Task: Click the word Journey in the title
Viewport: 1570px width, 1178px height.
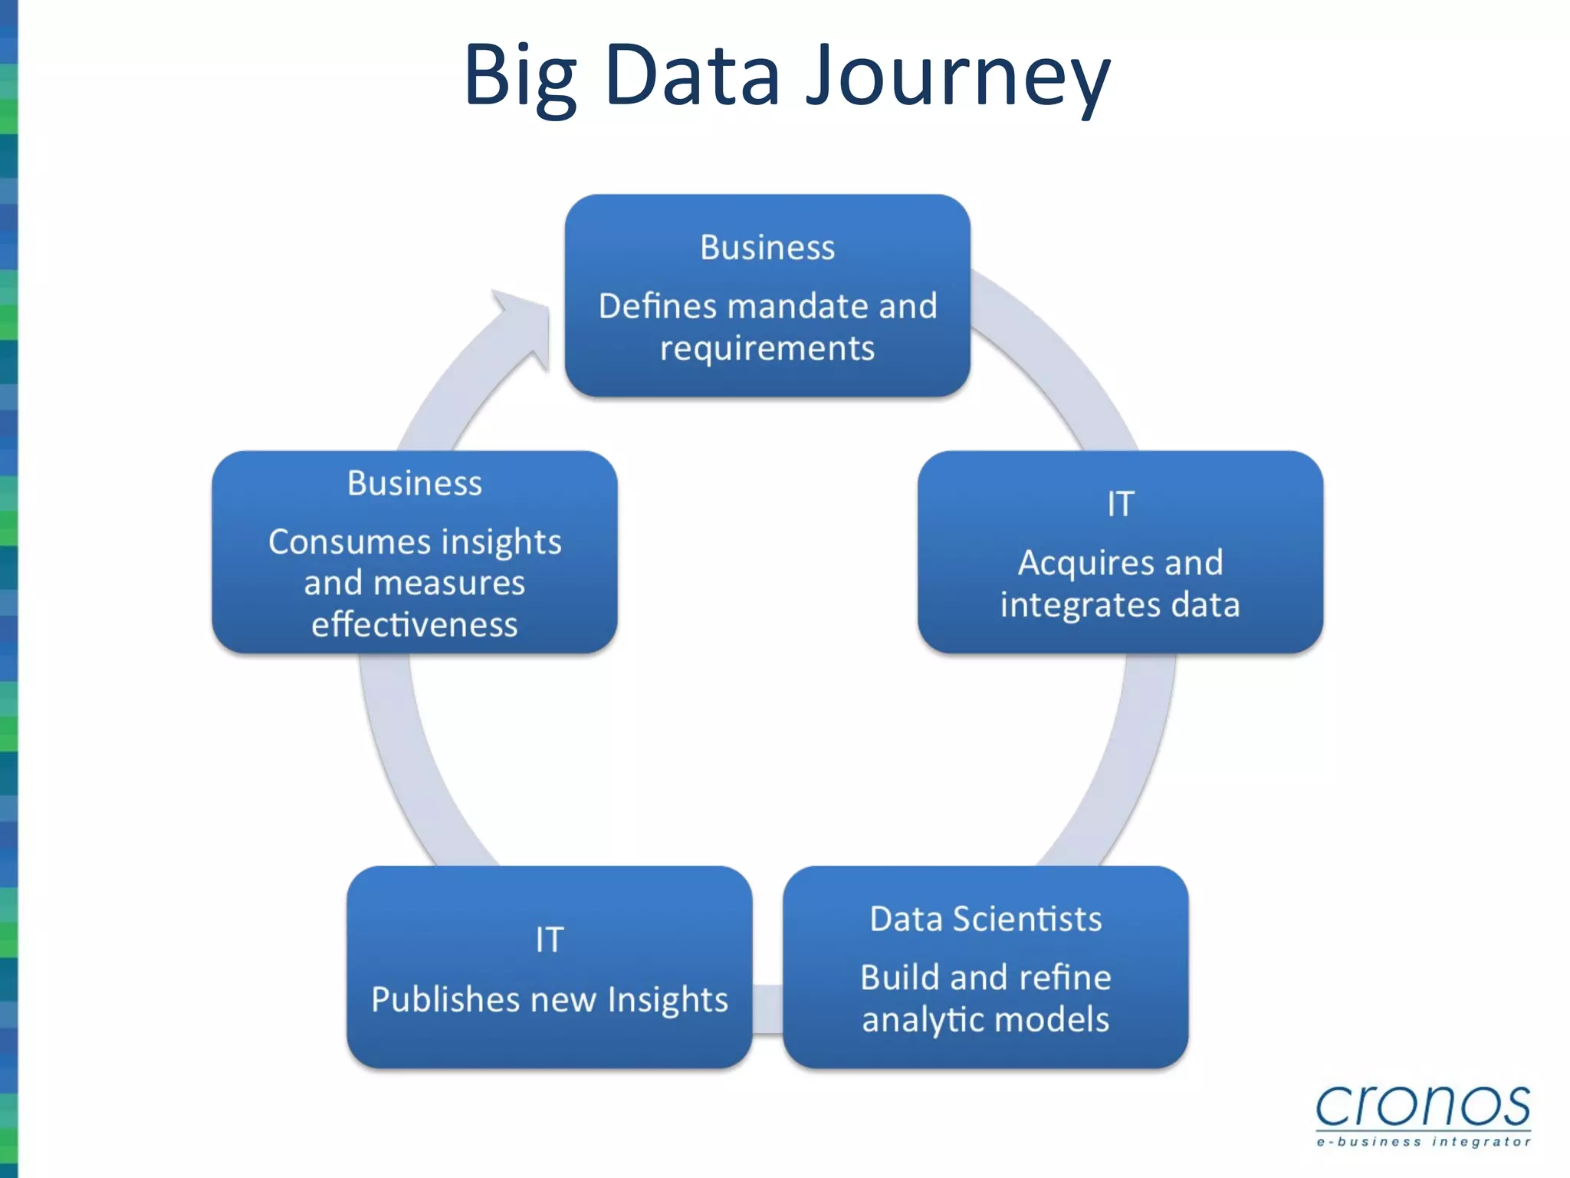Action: [958, 77]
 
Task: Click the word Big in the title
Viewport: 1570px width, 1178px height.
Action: [520, 77]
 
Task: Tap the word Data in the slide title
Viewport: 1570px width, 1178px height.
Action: [693, 77]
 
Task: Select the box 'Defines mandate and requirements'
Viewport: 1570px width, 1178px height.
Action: [767, 295]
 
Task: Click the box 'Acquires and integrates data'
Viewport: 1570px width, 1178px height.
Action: [1120, 552]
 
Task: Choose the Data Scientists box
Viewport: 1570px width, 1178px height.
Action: [986, 967]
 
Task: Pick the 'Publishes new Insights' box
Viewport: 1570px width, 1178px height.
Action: [549, 967]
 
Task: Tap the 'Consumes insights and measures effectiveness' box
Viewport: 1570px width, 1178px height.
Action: [415, 552]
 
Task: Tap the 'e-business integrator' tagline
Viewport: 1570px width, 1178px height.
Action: [1423, 1142]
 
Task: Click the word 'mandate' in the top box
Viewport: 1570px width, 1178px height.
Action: [798, 306]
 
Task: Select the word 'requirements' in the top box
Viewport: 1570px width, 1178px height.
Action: [767, 349]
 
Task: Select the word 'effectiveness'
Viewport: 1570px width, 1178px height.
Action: [415, 624]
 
